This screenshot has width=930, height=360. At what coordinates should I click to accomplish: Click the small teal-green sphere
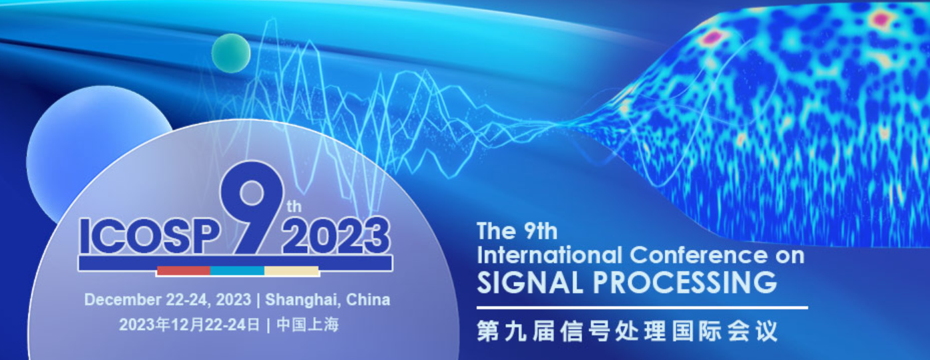231,53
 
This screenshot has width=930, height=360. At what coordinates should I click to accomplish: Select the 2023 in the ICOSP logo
336,235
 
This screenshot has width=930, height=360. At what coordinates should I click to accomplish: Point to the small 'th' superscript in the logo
294,206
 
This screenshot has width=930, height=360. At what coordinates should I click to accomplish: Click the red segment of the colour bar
184,271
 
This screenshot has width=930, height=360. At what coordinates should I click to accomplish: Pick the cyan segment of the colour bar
238,271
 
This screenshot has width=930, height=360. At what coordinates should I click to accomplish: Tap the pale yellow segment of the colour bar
292,271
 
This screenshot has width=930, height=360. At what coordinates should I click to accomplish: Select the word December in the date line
123,299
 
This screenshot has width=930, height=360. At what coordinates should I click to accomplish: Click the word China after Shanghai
369,299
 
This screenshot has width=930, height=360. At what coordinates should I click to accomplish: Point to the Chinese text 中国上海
308,325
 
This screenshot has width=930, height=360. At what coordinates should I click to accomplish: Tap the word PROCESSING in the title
685,283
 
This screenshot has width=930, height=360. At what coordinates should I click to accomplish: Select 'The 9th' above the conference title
517,231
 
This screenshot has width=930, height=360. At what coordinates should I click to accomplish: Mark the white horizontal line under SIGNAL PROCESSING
642,308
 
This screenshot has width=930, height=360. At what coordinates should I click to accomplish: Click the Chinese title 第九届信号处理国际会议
627,331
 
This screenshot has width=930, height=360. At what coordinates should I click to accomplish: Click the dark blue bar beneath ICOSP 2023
236,263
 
